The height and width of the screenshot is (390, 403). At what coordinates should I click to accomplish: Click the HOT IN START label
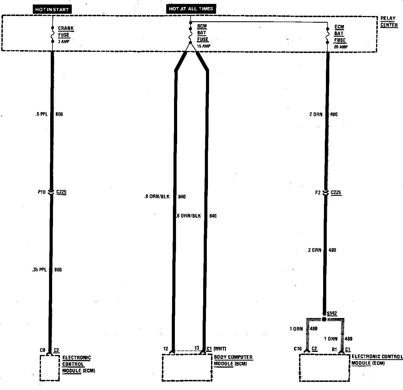52,9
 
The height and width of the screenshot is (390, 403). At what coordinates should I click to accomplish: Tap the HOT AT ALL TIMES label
191,9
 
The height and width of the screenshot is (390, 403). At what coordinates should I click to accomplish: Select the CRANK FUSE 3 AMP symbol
52,35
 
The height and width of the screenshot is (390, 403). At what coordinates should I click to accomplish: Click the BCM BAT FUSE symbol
190,35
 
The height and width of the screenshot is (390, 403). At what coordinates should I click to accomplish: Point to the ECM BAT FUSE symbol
328,35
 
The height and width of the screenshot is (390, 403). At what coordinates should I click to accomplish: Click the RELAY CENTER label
389,22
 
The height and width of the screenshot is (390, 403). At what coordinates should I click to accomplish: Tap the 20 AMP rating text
341,47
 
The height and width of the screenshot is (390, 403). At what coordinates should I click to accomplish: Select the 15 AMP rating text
203,46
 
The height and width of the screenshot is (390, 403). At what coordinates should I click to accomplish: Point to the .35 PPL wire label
39,270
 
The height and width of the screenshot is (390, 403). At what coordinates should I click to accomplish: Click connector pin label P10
42,192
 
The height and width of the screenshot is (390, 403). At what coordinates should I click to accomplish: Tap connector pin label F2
318,192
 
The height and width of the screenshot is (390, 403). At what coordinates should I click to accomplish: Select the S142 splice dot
324,319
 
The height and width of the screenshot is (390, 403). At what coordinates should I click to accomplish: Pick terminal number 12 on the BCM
166,349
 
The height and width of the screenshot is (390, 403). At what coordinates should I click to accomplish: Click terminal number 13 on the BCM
197,348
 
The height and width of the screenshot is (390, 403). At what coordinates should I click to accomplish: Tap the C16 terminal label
298,349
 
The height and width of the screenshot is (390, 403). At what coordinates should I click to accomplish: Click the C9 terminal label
43,350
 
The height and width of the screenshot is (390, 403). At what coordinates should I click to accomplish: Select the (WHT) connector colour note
220,349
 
